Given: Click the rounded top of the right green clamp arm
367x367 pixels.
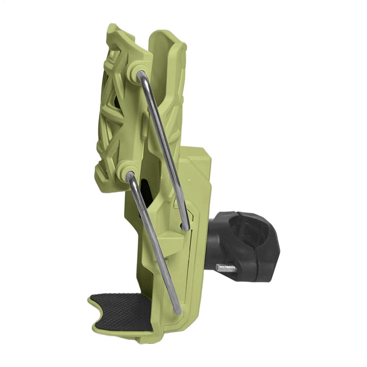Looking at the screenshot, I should coord(167,37).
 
